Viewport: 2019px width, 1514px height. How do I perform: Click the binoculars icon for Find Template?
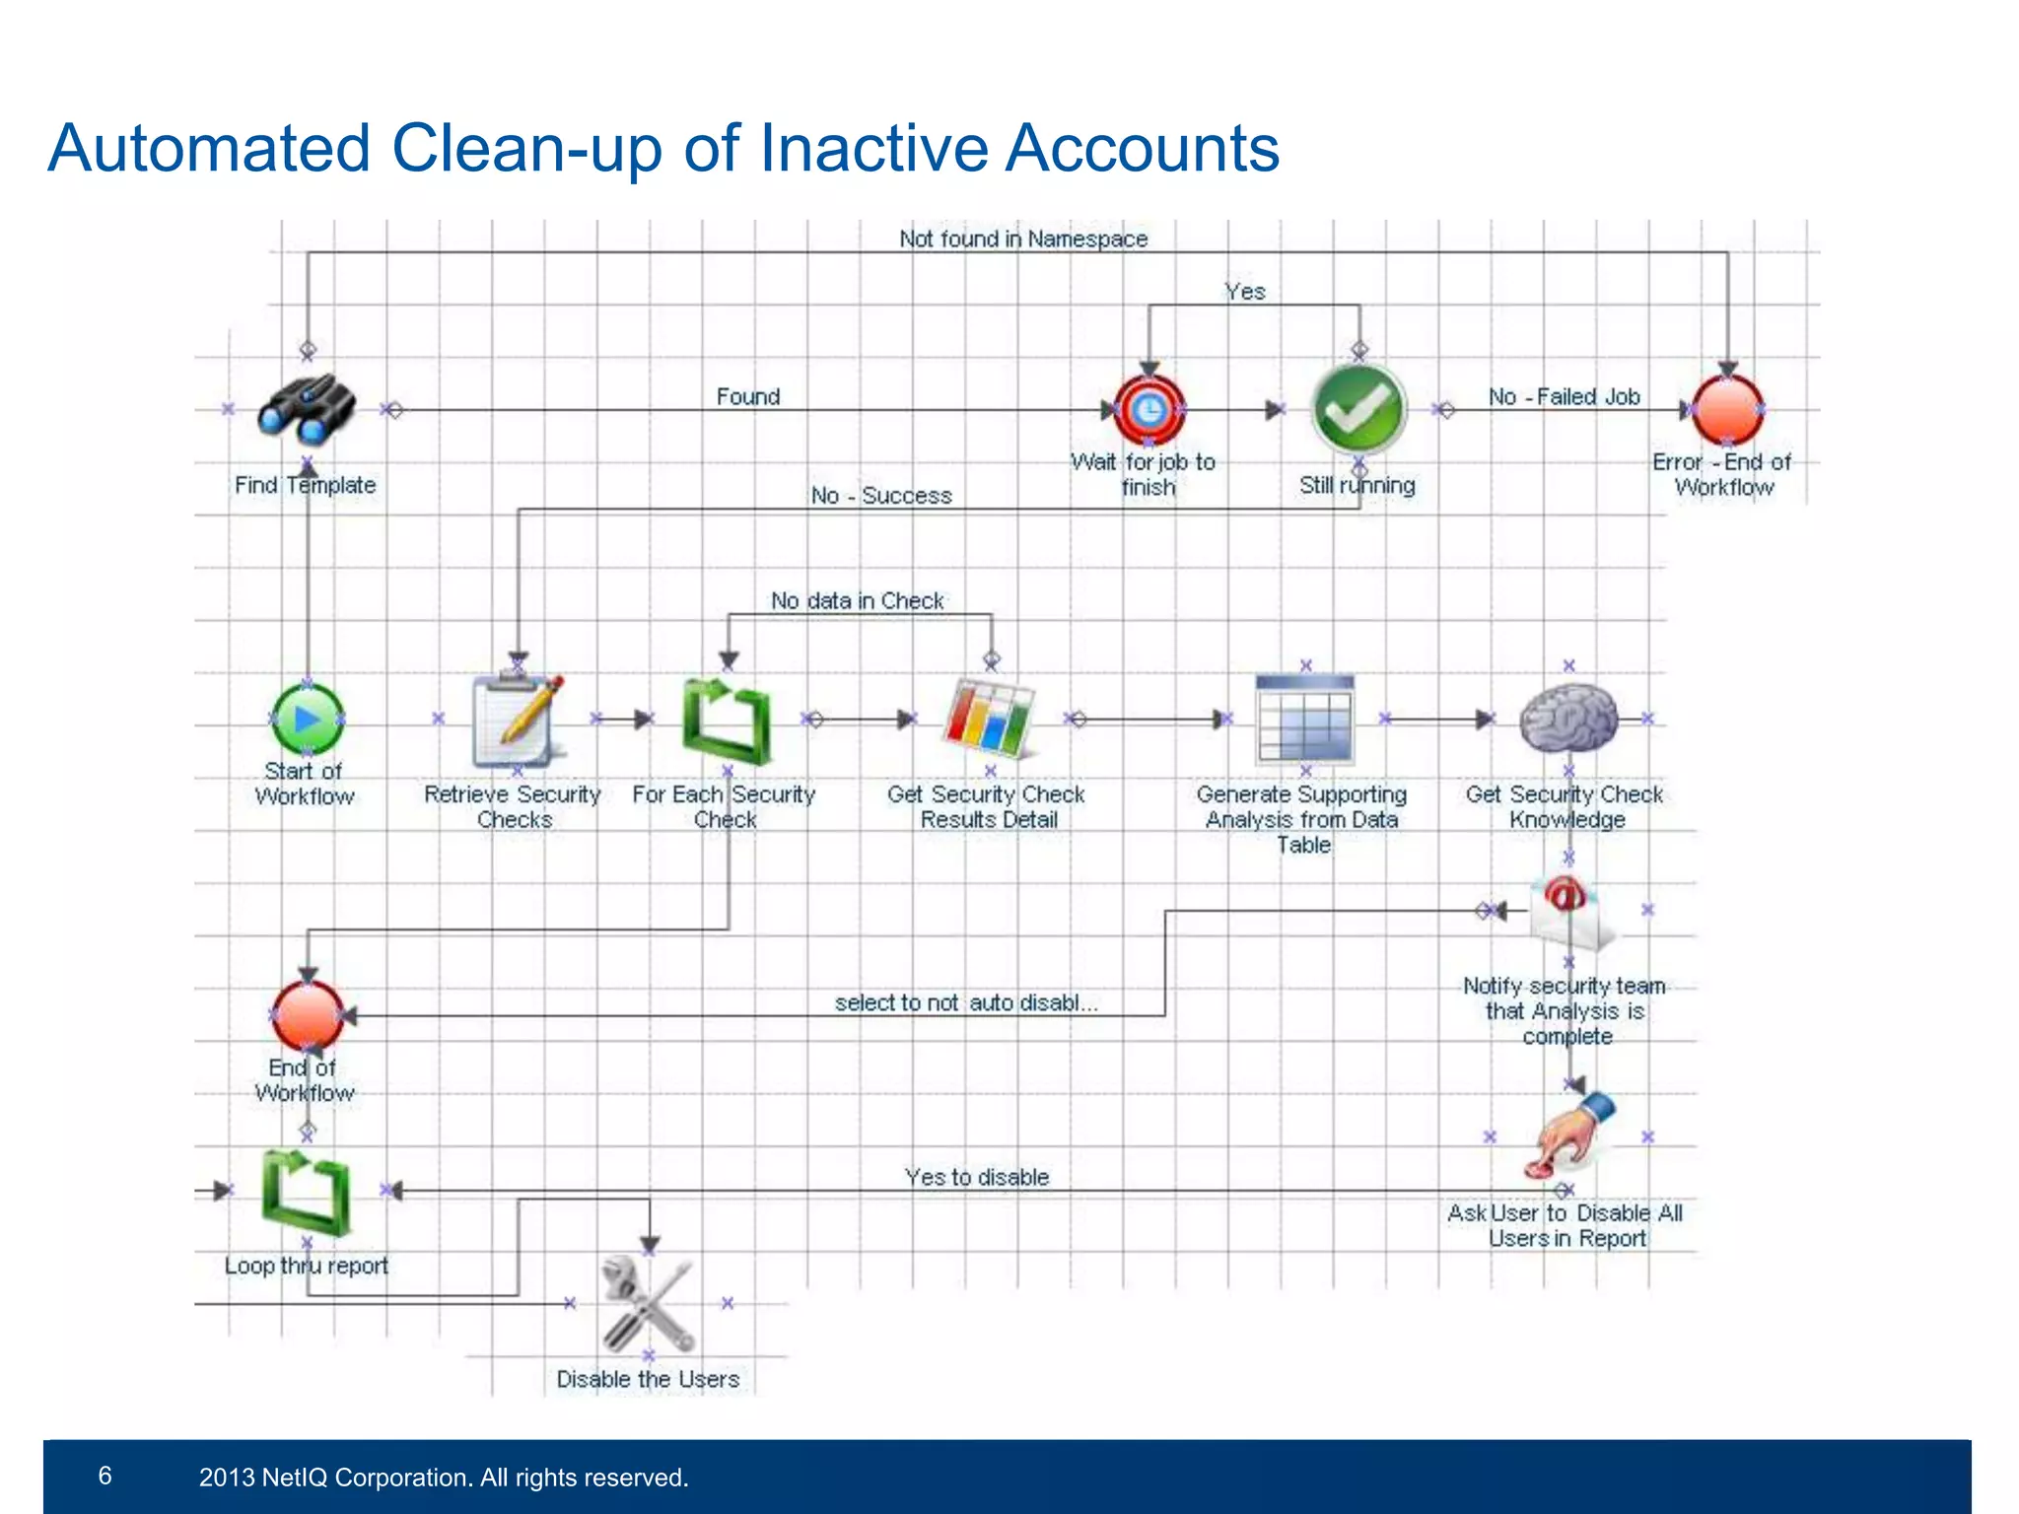pyautogui.click(x=306, y=409)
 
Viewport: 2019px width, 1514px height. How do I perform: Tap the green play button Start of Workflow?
pyautogui.click(x=308, y=720)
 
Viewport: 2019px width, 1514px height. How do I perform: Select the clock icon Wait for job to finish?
pyautogui.click(x=1149, y=409)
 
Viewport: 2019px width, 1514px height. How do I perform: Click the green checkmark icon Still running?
pyautogui.click(x=1358, y=409)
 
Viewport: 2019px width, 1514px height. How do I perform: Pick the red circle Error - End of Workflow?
pyautogui.click(x=1727, y=409)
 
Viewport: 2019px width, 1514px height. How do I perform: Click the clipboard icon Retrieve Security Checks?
pyautogui.click(x=517, y=722)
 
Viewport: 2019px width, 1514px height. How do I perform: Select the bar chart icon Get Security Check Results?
pyautogui.click(x=989, y=720)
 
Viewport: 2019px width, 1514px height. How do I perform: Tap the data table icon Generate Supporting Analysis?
pyautogui.click(x=1304, y=720)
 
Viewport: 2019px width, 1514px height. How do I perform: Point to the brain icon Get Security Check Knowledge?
pyautogui.click(x=1567, y=720)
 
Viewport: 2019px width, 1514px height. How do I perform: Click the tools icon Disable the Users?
pyautogui.click(x=648, y=1303)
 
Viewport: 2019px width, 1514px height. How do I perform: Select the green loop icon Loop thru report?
pyautogui.click(x=306, y=1191)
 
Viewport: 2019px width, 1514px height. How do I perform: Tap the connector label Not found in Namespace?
pyautogui.click(x=1023, y=239)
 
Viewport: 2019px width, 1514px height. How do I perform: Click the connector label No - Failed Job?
pyautogui.click(x=1564, y=396)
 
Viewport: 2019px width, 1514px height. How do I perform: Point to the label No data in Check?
pyautogui.click(x=857, y=600)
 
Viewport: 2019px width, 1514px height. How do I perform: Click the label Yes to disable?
pyautogui.click(x=976, y=1177)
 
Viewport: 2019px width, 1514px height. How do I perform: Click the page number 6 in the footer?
pyautogui.click(x=105, y=1476)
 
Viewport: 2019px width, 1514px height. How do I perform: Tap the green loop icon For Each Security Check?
pyautogui.click(x=727, y=722)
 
